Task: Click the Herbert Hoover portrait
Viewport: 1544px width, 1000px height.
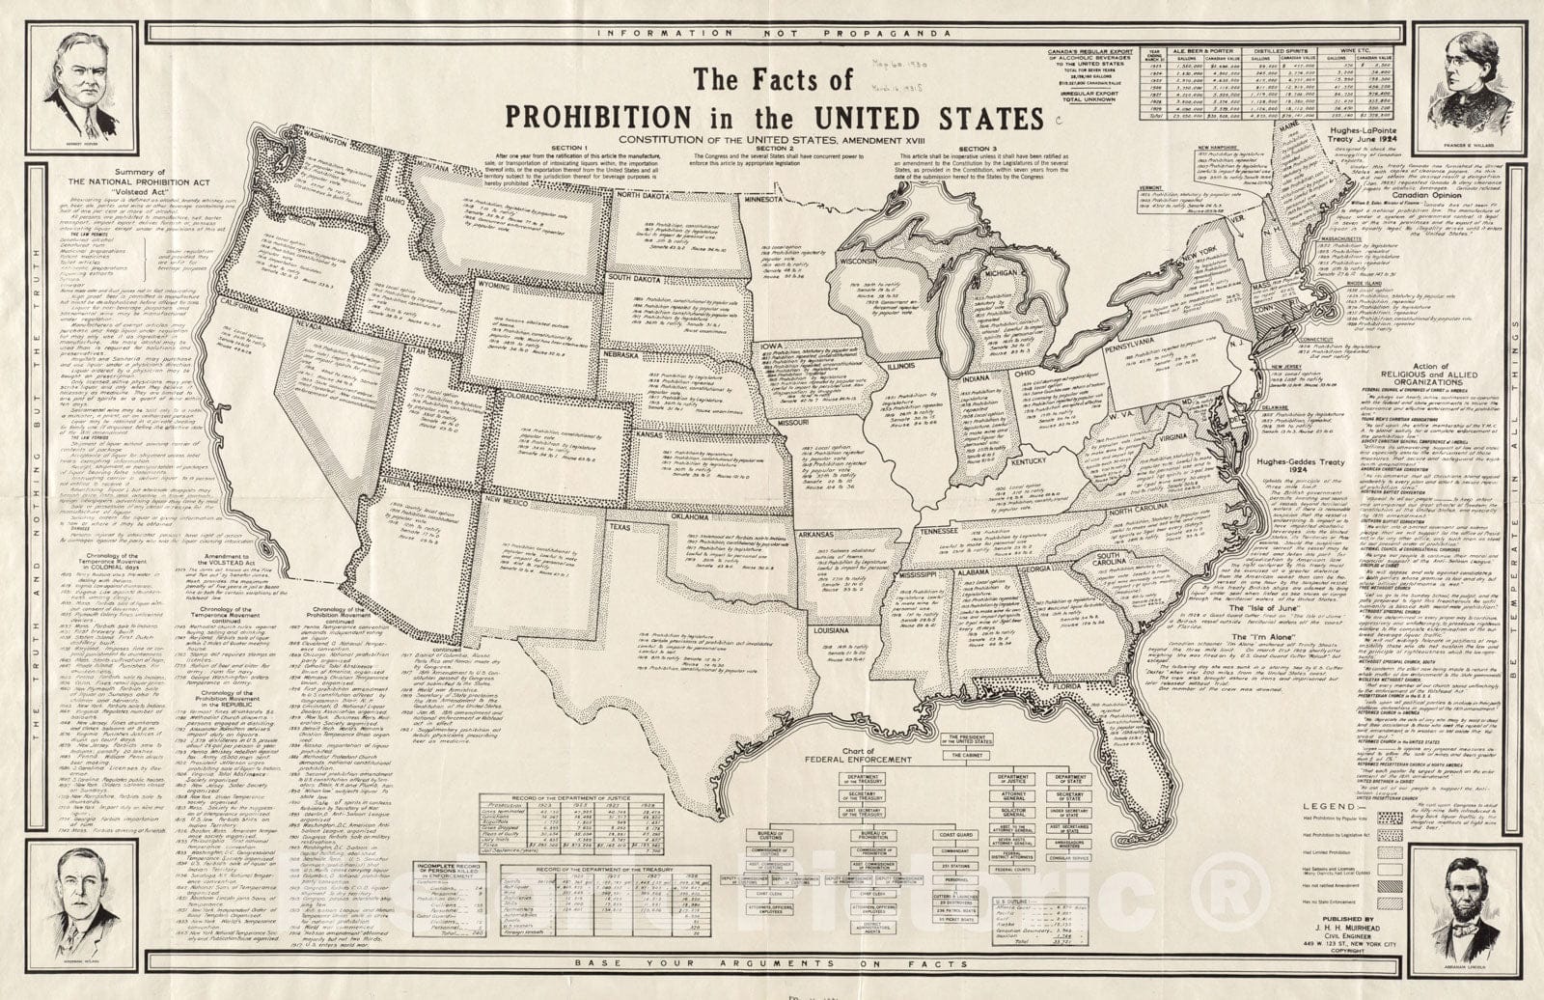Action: (x=86, y=86)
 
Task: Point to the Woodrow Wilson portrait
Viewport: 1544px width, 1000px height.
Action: (x=85, y=905)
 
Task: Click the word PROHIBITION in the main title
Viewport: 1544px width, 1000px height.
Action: (x=598, y=118)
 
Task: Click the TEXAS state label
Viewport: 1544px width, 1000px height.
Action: (x=620, y=528)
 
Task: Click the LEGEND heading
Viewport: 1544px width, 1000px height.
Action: (x=1331, y=805)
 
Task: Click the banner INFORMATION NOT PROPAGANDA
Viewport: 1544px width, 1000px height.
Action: (x=773, y=32)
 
